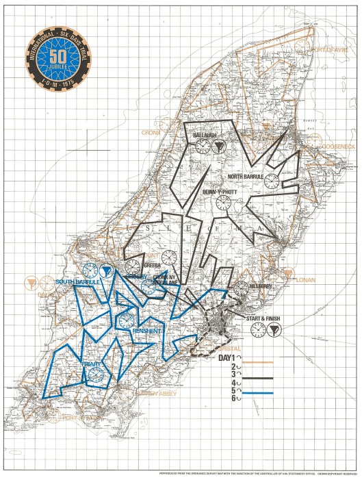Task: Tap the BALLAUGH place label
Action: (204, 136)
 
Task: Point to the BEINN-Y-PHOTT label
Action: (220, 192)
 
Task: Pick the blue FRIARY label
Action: (92, 364)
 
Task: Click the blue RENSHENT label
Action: (146, 331)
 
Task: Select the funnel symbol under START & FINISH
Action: (274, 330)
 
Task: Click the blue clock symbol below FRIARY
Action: (96, 375)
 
